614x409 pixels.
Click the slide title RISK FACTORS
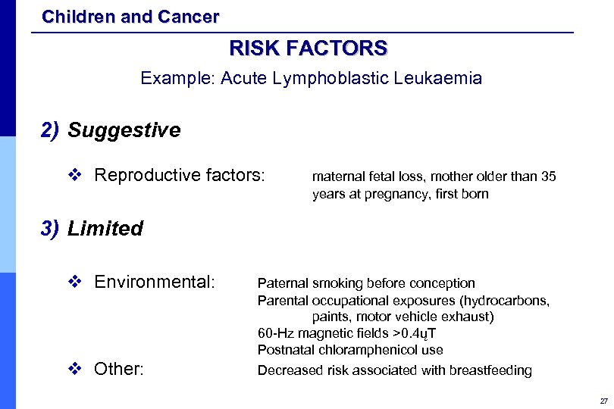tap(308, 49)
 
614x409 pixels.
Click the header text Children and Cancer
tap(130, 16)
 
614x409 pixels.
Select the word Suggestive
tap(124, 130)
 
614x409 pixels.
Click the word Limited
tap(105, 229)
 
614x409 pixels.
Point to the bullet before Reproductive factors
tap(74, 176)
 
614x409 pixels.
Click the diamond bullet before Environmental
tap(74, 283)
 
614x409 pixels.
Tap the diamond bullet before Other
tap(74, 370)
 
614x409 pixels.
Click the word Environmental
tap(154, 283)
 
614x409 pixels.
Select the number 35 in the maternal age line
tap(548, 177)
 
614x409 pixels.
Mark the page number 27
tap(603, 400)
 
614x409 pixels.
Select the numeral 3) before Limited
tap(51, 229)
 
